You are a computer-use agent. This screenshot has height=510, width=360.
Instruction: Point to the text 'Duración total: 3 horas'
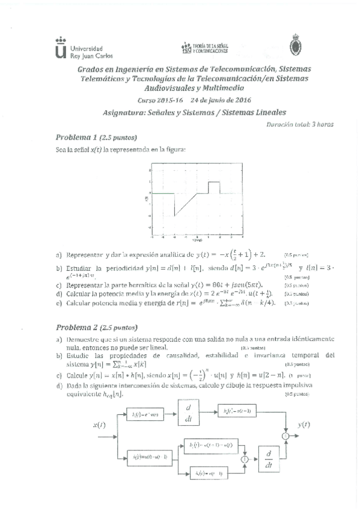(x=299, y=124)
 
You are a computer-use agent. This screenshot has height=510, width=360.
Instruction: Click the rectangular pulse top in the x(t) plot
(x=213, y=182)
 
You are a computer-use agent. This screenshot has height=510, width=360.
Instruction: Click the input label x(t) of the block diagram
(x=100, y=425)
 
